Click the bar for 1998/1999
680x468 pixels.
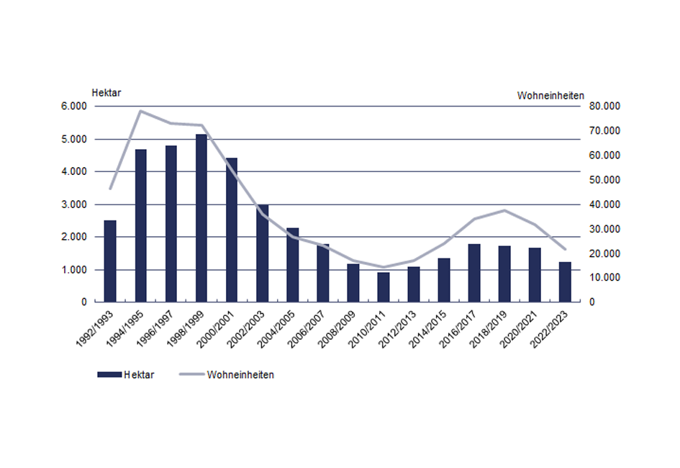[x=201, y=218]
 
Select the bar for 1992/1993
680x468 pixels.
[x=110, y=261]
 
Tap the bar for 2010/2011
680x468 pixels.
[x=384, y=287]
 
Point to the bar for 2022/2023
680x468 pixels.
[x=565, y=282]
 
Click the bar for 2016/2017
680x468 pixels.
[x=474, y=273]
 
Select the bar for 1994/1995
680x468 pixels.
[x=140, y=225]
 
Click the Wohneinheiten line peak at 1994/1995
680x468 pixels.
[x=140, y=111]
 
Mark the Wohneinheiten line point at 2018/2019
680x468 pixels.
[x=504, y=210]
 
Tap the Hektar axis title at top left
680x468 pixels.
[x=105, y=94]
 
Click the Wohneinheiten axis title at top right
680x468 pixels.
[x=550, y=95]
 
